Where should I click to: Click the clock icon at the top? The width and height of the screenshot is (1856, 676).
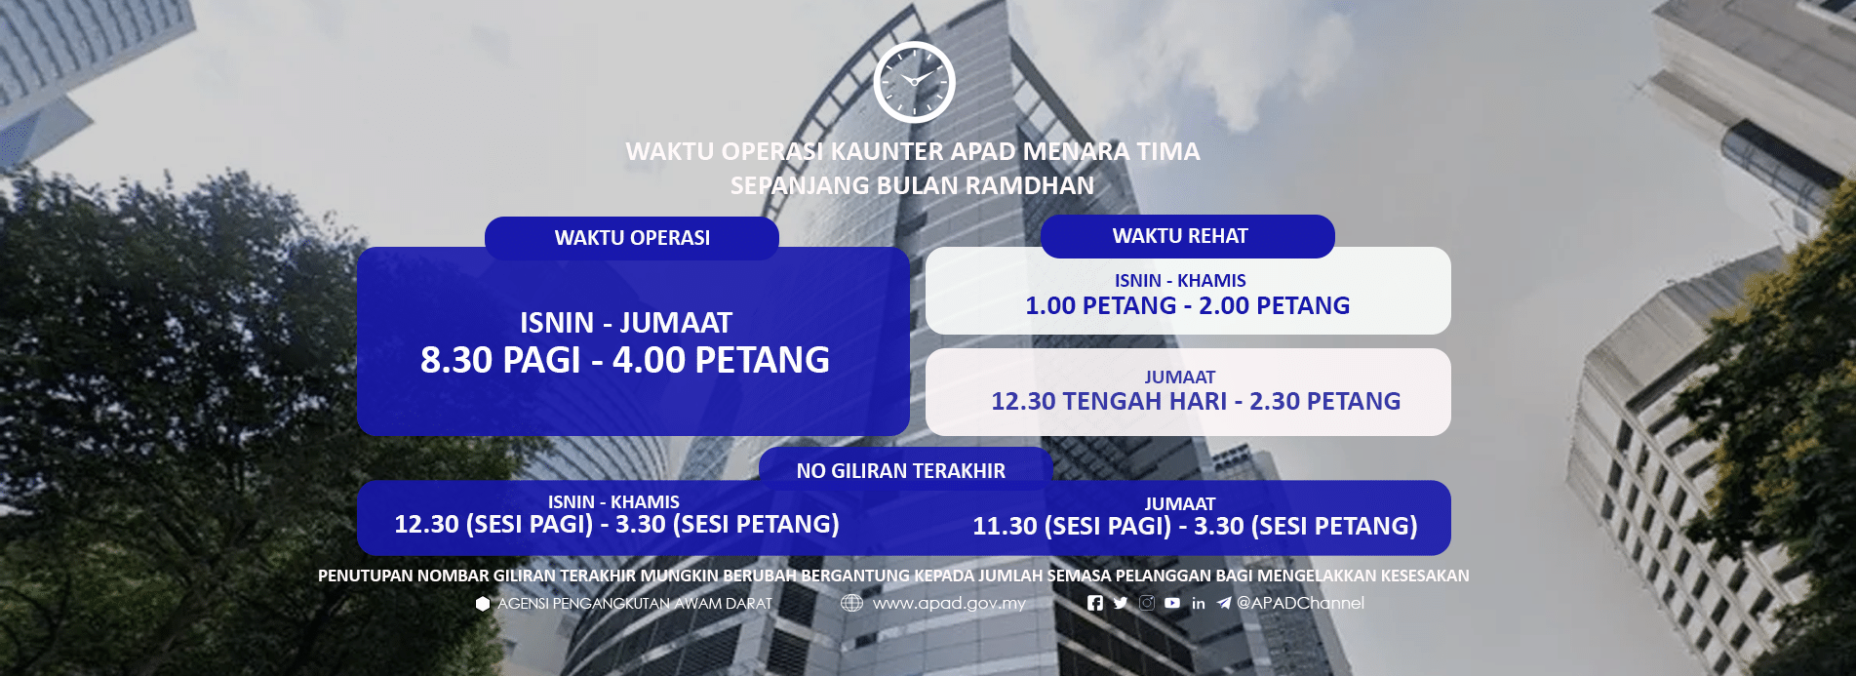point(914,82)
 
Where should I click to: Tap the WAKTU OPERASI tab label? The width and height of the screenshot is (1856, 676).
point(632,238)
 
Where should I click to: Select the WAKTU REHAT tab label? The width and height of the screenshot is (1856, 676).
point(1180,236)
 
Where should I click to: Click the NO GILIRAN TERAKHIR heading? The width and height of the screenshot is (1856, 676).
point(900,471)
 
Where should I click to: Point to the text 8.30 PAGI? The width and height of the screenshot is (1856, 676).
point(499,361)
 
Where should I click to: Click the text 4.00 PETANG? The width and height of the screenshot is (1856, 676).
point(721,361)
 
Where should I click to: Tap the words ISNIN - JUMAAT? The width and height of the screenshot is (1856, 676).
point(625,323)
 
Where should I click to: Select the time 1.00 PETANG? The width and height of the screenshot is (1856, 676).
point(1100,306)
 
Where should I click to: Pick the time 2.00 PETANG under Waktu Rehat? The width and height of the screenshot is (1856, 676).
point(1274,306)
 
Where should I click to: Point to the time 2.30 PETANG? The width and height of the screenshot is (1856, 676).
point(1324,402)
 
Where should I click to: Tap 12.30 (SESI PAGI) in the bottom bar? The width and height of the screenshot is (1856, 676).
point(494,525)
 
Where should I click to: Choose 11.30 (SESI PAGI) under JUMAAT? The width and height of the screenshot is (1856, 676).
point(1071,527)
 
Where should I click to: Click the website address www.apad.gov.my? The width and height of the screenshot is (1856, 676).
point(949,604)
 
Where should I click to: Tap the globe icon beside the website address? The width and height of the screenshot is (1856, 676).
point(851,603)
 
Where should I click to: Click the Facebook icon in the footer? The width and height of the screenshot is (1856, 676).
point(1095,603)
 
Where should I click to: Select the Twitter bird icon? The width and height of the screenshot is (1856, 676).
point(1121,603)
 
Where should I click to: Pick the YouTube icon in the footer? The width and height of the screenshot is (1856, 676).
point(1172,603)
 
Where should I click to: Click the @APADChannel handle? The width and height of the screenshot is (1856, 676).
point(1300,603)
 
